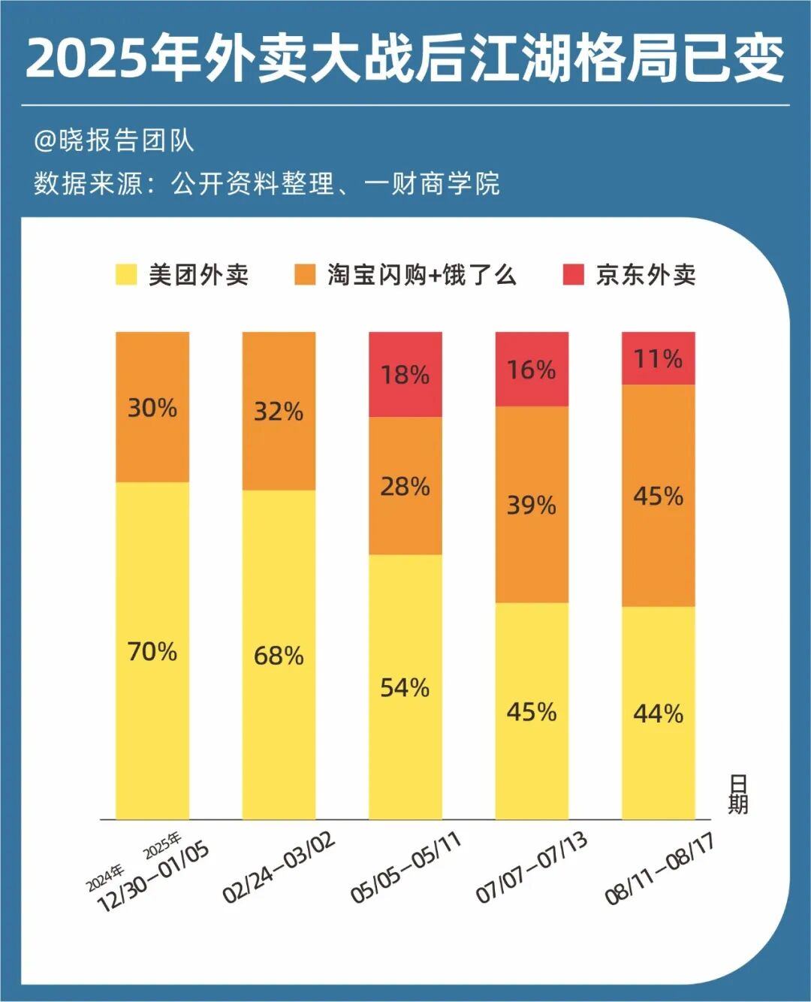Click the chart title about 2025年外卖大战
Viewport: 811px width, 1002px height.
405,58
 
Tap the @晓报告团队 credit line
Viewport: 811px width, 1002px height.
113,140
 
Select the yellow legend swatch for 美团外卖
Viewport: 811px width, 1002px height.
126,275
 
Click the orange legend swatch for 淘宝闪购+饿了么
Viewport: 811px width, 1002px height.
305,275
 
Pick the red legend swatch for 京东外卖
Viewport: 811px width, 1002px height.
573,275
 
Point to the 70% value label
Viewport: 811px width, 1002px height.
152,651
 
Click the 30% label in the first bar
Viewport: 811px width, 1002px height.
152,408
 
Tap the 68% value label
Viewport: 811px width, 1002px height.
279,656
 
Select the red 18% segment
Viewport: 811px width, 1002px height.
405,374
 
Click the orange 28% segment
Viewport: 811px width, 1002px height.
405,487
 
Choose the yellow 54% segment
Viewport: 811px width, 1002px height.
405,687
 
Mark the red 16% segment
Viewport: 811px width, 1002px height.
532,370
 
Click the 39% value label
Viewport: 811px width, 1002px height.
532,505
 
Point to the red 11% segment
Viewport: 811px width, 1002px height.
659,358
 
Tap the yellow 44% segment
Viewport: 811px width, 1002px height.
659,713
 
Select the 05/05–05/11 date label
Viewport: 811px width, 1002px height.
406,868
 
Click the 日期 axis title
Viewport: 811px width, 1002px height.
737,795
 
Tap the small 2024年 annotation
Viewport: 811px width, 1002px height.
104,878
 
